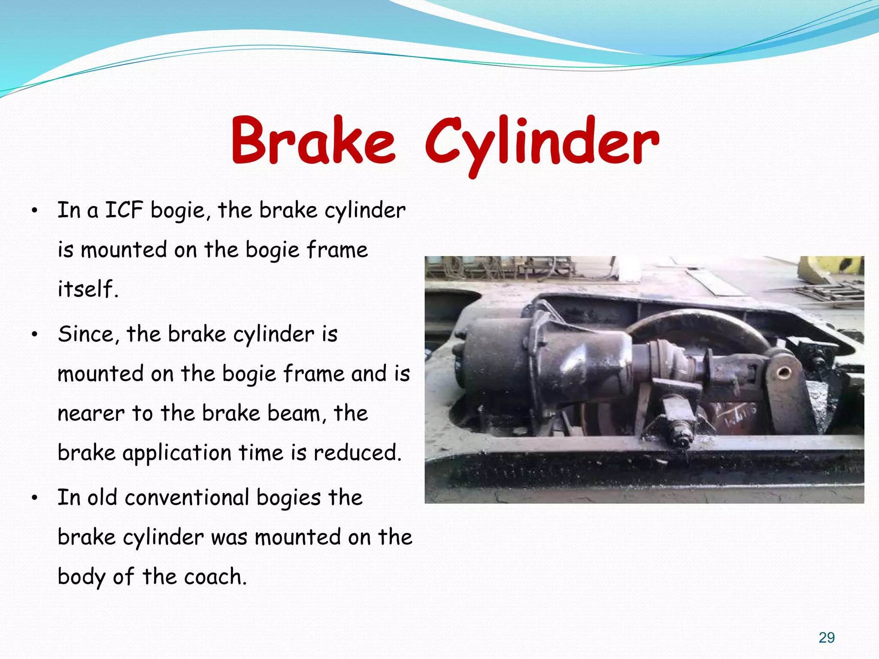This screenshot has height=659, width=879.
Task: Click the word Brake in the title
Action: pos(312,141)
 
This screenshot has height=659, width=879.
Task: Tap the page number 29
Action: pos(826,638)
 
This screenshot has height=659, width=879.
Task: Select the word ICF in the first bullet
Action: pos(124,210)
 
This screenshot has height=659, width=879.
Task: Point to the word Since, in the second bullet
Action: pos(88,334)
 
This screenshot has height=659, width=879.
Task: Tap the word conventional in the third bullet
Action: pos(187,498)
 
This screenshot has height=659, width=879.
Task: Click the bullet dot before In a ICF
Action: pos(35,211)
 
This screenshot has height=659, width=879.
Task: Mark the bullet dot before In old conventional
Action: pos(35,498)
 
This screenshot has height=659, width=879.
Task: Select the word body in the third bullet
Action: pos(81,577)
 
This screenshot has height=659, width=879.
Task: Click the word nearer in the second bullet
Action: pos(91,414)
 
